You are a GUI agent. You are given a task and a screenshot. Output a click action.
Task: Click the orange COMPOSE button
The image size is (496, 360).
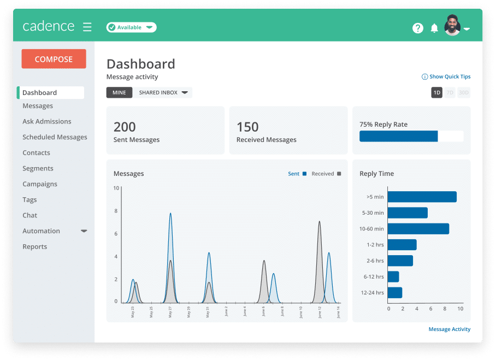[54, 59]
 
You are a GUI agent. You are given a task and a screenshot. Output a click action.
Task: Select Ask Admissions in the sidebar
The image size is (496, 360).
[47, 121]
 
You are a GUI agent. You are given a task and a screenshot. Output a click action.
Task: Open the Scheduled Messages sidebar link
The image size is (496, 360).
[55, 137]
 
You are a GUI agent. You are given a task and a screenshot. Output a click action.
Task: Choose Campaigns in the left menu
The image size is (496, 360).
[40, 184]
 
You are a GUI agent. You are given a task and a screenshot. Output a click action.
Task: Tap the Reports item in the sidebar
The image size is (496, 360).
[35, 246]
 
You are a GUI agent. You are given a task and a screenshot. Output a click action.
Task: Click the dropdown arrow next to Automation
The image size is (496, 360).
[84, 231]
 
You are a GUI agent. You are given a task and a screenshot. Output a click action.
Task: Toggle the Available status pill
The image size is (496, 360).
[131, 27]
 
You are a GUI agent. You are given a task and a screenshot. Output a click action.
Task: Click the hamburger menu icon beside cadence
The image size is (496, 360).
[87, 27]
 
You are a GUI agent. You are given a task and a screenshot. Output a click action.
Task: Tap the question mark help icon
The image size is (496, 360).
[418, 28]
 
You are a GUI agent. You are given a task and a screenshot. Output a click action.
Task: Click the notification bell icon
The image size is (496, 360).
[434, 28]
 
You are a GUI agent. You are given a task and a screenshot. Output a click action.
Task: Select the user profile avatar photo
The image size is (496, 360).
[452, 26]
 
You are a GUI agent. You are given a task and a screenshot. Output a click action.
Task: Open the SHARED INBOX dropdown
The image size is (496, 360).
[163, 92]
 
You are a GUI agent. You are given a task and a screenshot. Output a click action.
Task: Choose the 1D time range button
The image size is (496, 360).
[436, 93]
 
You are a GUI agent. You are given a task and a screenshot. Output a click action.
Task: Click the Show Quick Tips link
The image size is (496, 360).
[446, 76]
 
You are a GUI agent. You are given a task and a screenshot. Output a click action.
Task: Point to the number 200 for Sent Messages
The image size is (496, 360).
[125, 127]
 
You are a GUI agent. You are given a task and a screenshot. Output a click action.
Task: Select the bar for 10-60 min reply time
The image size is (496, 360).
[418, 229]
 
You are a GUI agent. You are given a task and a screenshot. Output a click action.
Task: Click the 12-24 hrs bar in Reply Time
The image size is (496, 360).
[395, 293]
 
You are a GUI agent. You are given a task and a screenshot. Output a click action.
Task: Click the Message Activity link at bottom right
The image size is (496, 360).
[449, 329]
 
